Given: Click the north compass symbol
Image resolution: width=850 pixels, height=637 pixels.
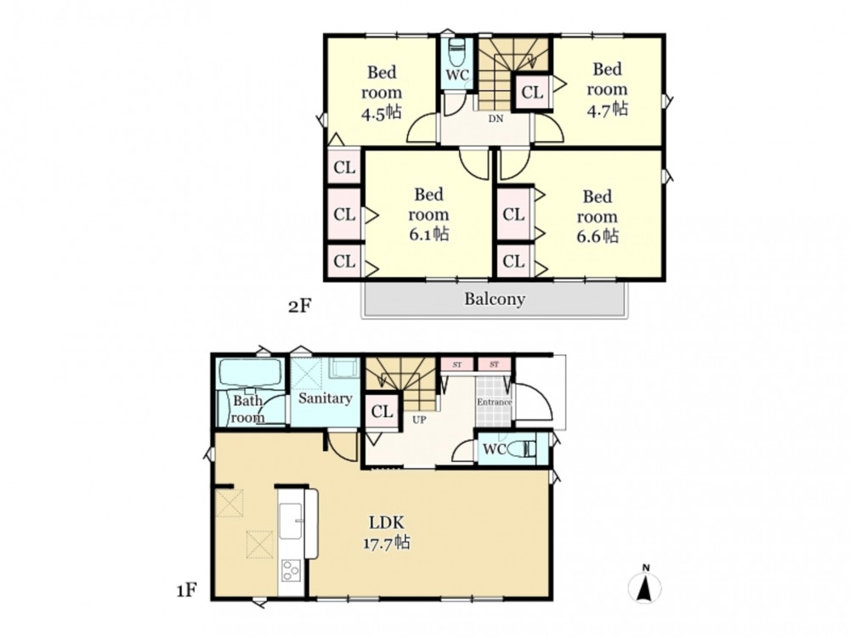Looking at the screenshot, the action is pyautogui.click(x=644, y=584).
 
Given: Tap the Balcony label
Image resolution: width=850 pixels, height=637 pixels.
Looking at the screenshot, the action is pyautogui.click(x=495, y=299).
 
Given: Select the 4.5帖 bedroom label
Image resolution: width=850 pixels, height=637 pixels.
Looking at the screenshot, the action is pyautogui.click(x=382, y=92).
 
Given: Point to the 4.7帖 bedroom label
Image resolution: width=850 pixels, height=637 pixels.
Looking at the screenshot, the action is pyautogui.click(x=607, y=89).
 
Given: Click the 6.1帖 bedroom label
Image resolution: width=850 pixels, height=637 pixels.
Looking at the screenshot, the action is pyautogui.click(x=428, y=214).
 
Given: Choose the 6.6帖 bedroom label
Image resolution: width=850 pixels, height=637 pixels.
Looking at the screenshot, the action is pyautogui.click(x=598, y=216).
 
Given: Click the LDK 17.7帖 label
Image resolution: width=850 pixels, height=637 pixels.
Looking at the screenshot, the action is pyautogui.click(x=387, y=533).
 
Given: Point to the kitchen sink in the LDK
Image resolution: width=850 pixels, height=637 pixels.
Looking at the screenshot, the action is pyautogui.click(x=290, y=521).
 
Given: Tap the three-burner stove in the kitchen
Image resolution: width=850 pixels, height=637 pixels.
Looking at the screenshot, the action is pyautogui.click(x=291, y=571).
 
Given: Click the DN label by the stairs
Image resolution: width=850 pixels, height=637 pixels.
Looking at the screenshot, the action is pyautogui.click(x=496, y=120).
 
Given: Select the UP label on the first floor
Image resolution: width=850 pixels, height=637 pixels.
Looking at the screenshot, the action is pyautogui.click(x=419, y=420).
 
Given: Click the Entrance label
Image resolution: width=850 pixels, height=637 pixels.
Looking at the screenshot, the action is pyautogui.click(x=495, y=402).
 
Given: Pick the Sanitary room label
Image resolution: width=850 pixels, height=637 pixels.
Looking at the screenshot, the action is pyautogui.click(x=325, y=398).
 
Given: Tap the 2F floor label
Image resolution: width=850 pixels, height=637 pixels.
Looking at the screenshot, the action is pyautogui.click(x=300, y=307).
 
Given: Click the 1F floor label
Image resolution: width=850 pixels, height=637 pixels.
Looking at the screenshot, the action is pyautogui.click(x=186, y=590).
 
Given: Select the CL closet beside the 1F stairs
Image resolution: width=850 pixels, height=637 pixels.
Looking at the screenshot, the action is pyautogui.click(x=382, y=412).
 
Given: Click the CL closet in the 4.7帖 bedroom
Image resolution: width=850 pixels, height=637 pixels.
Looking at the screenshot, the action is pyautogui.click(x=532, y=93).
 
